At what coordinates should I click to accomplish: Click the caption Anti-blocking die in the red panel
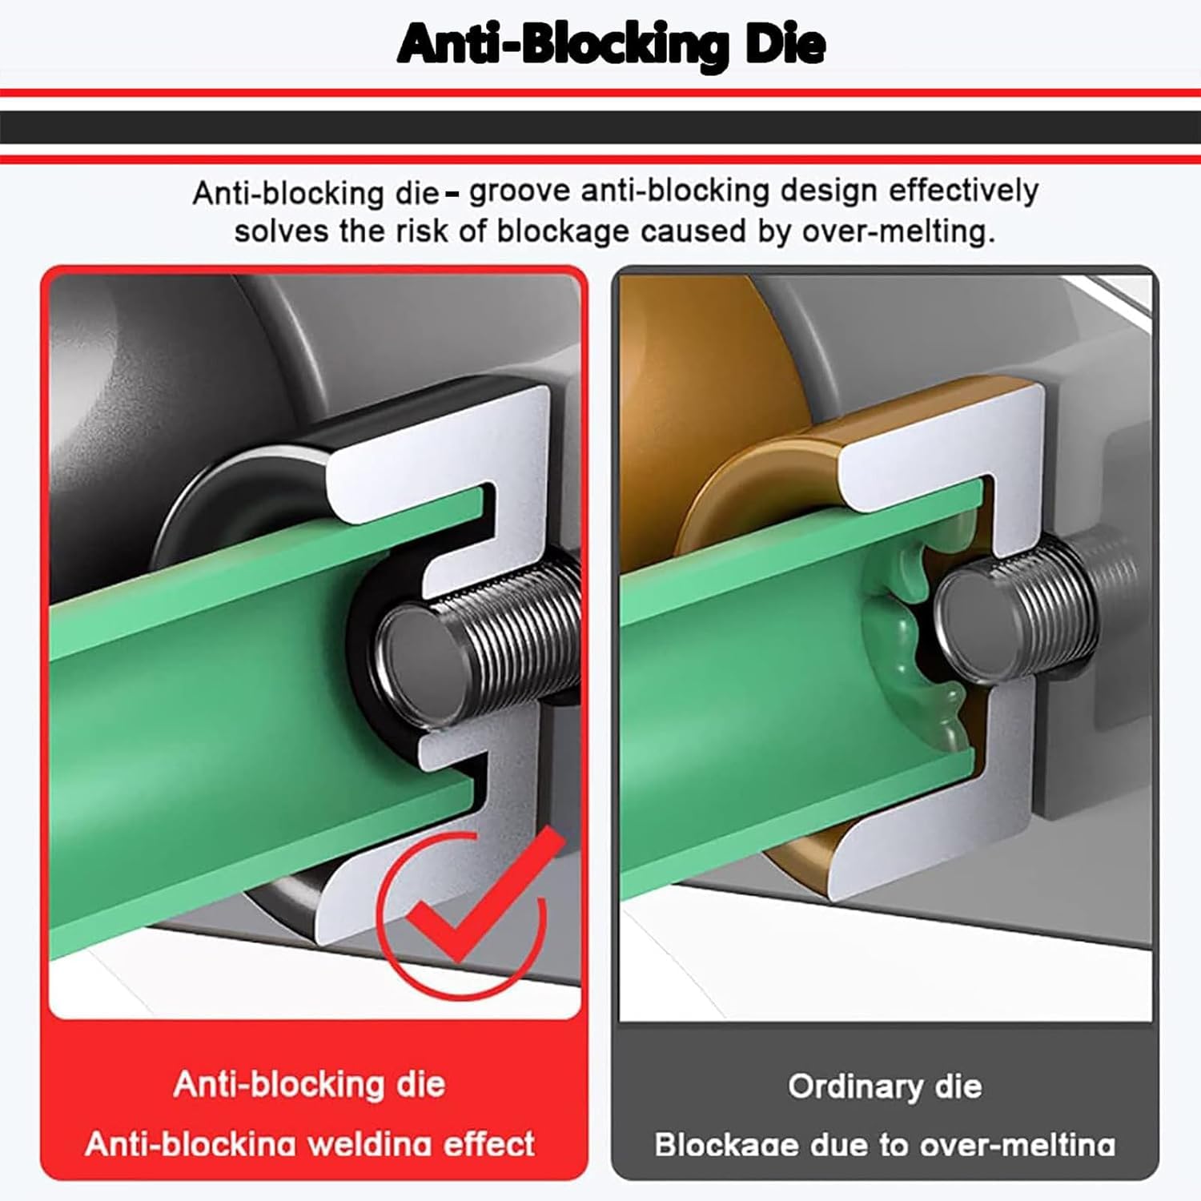pos(309,1084)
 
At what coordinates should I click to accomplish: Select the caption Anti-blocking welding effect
pos(309,1143)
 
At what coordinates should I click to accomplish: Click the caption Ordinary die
pos(885,1087)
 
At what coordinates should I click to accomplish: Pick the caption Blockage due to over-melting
pos(885,1144)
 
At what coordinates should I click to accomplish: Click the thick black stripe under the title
pos(600,127)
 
